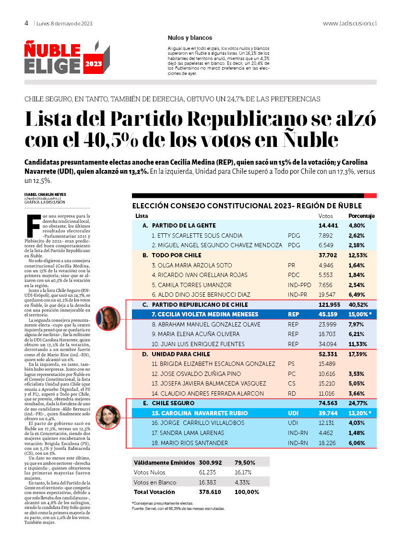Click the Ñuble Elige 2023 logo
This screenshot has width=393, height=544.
[67, 58]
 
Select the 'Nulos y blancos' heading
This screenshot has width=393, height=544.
[190, 38]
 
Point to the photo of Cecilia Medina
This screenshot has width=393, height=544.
[108, 318]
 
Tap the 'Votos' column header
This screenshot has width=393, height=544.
[326, 216]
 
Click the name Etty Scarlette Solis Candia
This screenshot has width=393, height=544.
[197, 236]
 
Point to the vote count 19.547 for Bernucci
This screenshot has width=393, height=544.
[328, 295]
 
